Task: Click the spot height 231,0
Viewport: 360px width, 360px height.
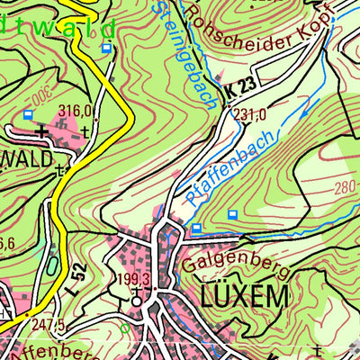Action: tap(249, 115)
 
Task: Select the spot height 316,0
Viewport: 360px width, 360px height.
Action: tap(76, 111)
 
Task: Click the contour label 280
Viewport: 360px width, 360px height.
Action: tap(345, 187)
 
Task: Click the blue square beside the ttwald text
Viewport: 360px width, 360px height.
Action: tap(107, 48)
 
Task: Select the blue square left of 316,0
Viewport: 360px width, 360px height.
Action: tap(29, 114)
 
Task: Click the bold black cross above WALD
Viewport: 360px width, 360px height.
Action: tap(40, 131)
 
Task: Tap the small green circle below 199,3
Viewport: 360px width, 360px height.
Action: tap(125, 329)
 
